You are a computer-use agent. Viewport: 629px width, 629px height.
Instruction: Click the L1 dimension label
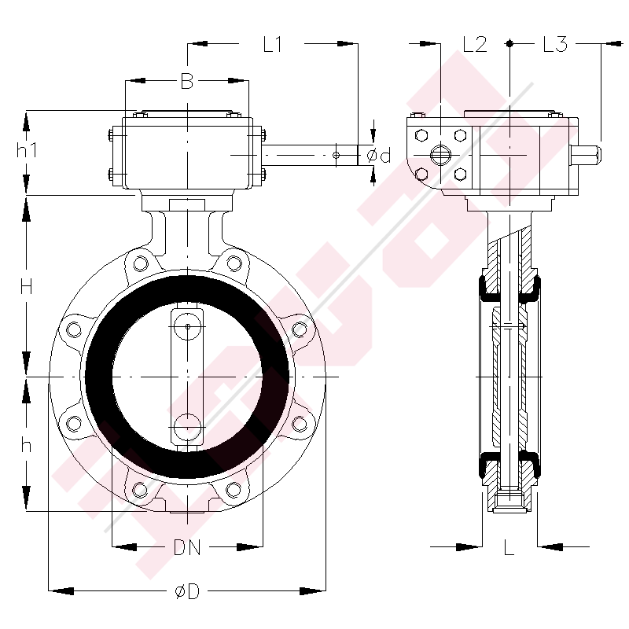[x=273, y=44]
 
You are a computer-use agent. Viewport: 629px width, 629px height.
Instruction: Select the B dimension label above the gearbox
[x=187, y=81]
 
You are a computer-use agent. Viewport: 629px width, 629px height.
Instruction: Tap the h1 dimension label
[x=27, y=149]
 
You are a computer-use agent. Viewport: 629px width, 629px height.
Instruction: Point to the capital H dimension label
[x=27, y=287]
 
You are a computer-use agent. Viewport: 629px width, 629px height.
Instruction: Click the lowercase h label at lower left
[x=26, y=444]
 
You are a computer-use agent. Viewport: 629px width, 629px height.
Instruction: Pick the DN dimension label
[x=187, y=547]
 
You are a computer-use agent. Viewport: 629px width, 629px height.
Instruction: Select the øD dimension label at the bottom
[x=187, y=591]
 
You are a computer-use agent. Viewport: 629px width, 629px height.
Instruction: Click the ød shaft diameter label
[x=379, y=155]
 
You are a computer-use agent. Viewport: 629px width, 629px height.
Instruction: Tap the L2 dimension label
[x=475, y=44]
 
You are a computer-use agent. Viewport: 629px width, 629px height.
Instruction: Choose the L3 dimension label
[x=555, y=44]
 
